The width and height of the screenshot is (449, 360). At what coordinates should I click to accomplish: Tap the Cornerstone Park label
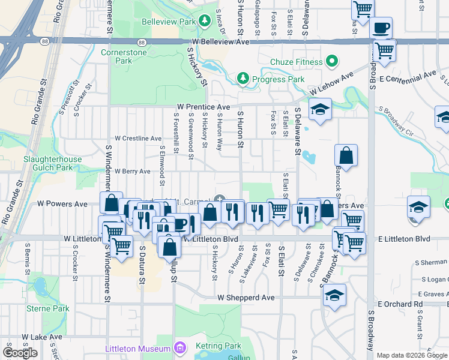[x=115, y=56]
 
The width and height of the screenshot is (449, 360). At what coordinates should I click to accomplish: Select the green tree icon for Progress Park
[x=243, y=79]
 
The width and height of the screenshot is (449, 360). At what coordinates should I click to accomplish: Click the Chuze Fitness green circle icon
[x=330, y=62]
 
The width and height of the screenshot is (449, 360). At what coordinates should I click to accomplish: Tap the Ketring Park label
[x=218, y=347]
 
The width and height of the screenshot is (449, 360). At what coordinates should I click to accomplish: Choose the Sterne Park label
[x=48, y=309]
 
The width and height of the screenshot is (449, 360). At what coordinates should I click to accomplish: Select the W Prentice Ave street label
[x=203, y=106]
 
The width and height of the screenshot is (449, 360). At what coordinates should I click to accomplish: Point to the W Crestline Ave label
[x=138, y=139]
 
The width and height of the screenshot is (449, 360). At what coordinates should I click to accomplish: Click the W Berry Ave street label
[x=132, y=172]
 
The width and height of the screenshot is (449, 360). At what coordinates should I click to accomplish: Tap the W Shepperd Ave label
[x=246, y=298]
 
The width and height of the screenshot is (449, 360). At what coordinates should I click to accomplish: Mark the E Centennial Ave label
[x=408, y=76]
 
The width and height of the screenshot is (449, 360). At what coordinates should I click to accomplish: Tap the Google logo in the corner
[x=20, y=353]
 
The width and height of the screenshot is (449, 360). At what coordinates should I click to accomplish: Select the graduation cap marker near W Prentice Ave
[x=320, y=109]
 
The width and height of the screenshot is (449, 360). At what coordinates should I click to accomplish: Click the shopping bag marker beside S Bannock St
[x=346, y=156]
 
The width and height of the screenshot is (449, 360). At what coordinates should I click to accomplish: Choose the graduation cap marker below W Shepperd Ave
[x=335, y=295]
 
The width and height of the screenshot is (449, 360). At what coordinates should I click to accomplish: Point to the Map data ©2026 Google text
[x=412, y=355]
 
